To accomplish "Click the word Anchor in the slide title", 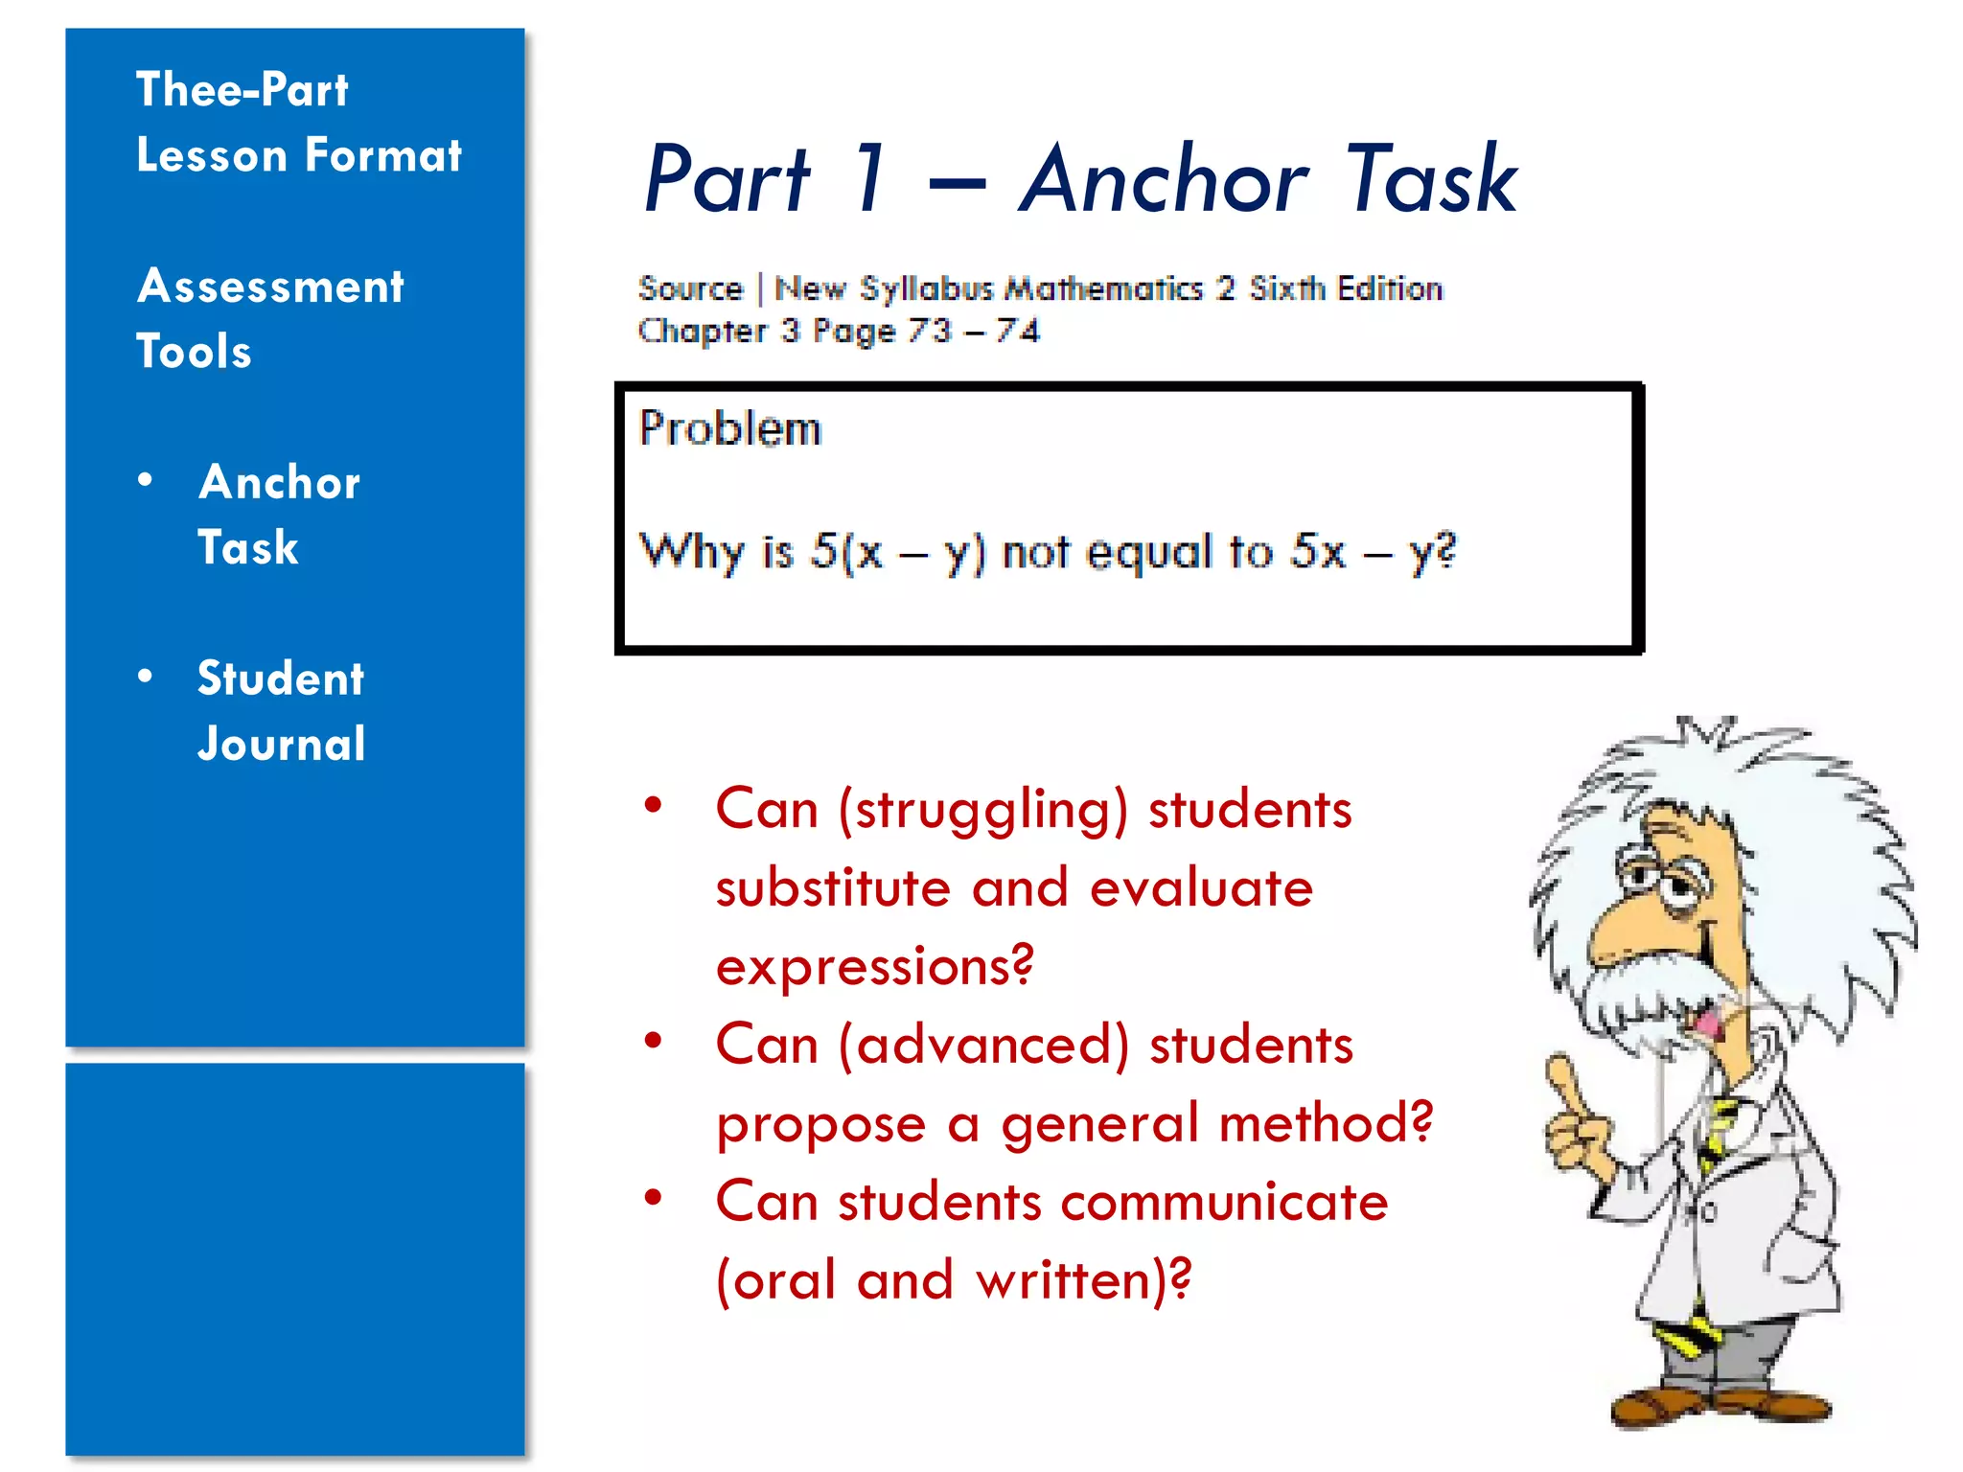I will point(1163,179).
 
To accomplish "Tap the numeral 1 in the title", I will point(869,179).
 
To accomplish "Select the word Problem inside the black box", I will point(730,428).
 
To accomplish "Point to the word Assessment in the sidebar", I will point(270,287).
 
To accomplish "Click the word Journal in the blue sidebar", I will point(282,745).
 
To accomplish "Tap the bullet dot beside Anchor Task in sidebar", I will point(146,479).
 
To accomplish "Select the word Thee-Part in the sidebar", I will point(242,90).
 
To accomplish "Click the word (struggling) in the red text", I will point(982,810).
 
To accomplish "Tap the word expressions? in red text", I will point(875,966).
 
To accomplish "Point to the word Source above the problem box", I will point(690,288).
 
